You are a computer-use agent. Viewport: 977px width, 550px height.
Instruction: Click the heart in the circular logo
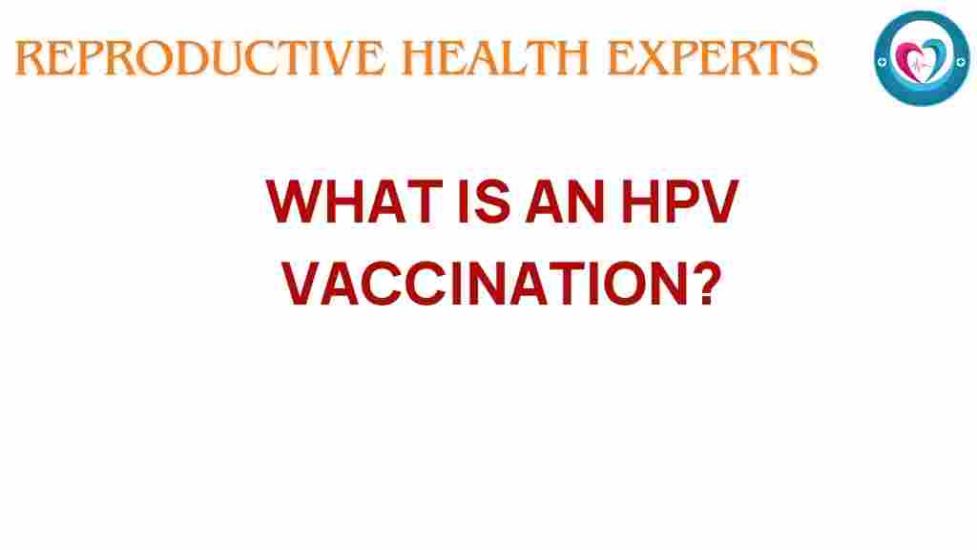tap(922, 57)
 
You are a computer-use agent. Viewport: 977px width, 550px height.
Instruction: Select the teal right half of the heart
tap(932, 55)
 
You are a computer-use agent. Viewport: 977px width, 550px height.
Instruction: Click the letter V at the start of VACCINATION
tap(304, 284)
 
